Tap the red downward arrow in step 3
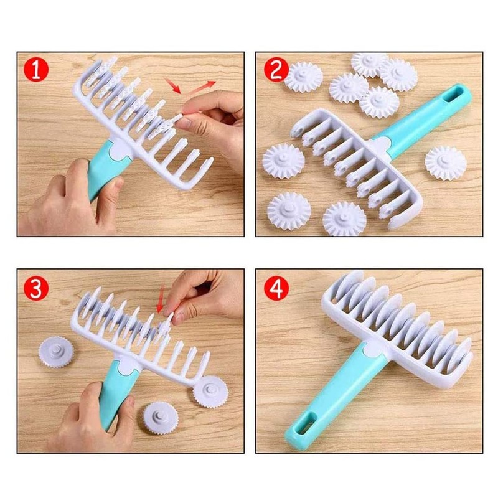(x=161, y=304)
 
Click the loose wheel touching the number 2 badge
(x=304, y=77)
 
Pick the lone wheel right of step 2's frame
(x=446, y=163)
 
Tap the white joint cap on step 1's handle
(x=118, y=150)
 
